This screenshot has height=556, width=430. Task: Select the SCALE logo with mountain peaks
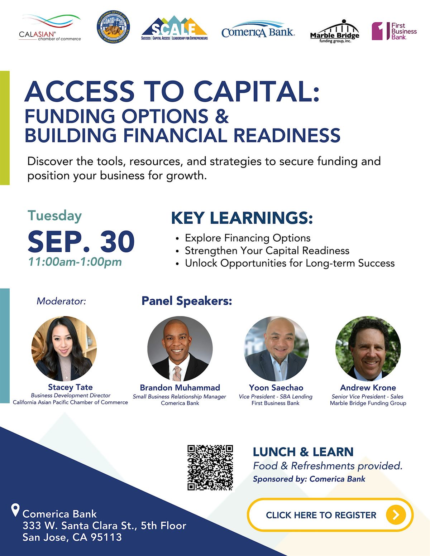[x=175, y=28]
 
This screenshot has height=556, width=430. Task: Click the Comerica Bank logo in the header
[x=258, y=29]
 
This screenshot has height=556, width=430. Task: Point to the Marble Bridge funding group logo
[x=335, y=31]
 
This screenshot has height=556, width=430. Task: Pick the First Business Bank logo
[x=394, y=31]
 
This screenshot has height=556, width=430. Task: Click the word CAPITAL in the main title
[x=256, y=91]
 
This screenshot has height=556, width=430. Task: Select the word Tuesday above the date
[x=55, y=216]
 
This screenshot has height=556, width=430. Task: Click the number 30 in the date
[x=117, y=241]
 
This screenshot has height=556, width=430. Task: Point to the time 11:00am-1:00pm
[x=75, y=262]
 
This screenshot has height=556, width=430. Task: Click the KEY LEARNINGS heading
[x=242, y=218]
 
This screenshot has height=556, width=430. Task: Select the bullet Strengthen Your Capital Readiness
[x=267, y=251]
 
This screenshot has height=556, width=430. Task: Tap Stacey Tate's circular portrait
[x=64, y=348]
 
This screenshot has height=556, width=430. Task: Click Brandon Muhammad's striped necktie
[x=176, y=373]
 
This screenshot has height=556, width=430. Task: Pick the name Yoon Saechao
[x=276, y=388]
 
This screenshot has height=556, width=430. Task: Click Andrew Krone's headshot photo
[x=368, y=348]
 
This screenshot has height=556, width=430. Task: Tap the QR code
[x=210, y=468]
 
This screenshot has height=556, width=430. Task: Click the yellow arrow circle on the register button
[x=396, y=515]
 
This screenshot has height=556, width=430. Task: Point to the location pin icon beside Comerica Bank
[x=16, y=510]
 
